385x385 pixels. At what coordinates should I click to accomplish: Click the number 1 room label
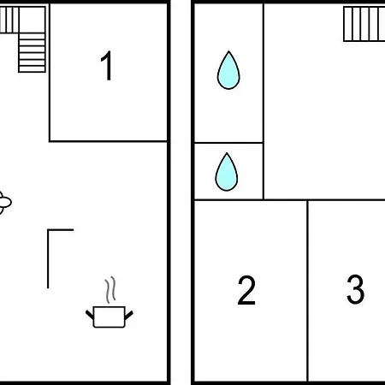[x=107, y=66]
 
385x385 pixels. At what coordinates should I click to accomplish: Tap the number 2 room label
[x=246, y=290]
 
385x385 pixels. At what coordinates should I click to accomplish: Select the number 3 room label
[x=355, y=289]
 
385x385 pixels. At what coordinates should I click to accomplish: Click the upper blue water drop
[x=228, y=70]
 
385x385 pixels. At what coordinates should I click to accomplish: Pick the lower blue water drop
[x=227, y=172]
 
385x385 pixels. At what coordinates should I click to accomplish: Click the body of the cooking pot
[x=110, y=317]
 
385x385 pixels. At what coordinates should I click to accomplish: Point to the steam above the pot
[x=110, y=289]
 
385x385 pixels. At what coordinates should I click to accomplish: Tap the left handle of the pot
[x=90, y=315]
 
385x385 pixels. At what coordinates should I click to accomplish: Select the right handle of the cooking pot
[x=129, y=315]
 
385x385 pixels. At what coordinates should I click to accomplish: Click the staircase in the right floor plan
[x=364, y=24]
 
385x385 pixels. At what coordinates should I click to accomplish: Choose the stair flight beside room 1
[x=32, y=52]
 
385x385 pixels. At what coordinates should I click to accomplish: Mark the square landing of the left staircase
[x=32, y=20]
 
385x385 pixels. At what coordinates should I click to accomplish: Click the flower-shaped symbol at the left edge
[x=4, y=203]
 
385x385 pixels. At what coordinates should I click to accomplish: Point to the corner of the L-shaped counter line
[x=48, y=229]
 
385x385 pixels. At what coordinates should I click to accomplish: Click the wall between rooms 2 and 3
[x=308, y=290]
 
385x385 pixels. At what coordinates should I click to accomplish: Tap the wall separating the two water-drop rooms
[x=228, y=142]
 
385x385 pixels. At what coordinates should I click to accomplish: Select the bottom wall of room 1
[x=108, y=141]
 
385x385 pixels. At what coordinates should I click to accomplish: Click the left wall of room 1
[x=50, y=73]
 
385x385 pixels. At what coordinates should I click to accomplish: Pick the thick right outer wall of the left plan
[x=169, y=192]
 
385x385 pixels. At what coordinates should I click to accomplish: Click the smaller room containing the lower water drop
[x=228, y=171]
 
